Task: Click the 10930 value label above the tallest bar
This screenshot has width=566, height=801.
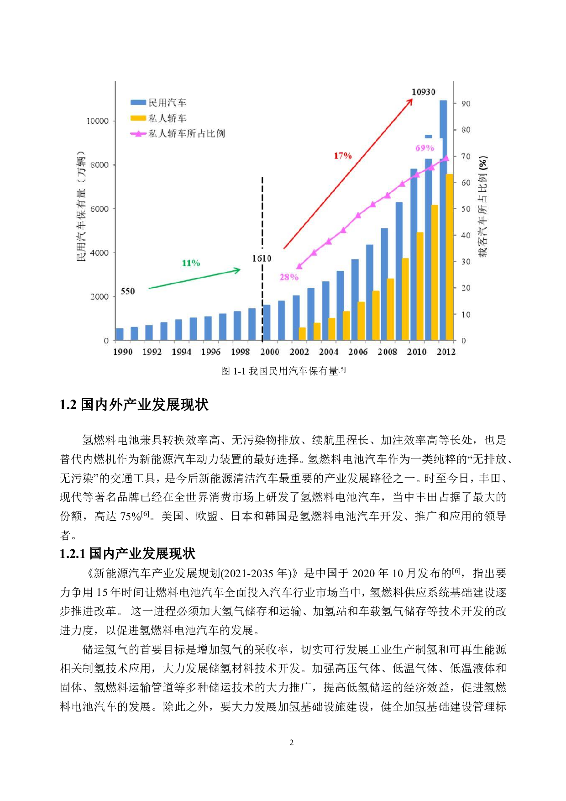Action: (x=423, y=92)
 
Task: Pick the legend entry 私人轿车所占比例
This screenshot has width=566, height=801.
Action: (x=178, y=133)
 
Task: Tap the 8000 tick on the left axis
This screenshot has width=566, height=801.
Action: (x=99, y=165)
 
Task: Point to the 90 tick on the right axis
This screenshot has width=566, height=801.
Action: (x=465, y=104)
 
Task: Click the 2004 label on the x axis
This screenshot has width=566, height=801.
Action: (x=328, y=352)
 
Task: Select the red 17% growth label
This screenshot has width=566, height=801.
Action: (x=342, y=156)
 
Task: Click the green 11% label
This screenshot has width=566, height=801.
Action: (x=191, y=263)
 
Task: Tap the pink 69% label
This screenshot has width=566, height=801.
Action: (x=424, y=148)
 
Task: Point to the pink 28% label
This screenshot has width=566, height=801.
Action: (x=289, y=277)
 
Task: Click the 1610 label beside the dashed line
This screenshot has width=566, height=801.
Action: (x=262, y=258)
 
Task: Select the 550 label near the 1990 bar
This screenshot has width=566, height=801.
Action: (x=127, y=291)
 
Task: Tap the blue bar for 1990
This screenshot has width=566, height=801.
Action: (x=120, y=334)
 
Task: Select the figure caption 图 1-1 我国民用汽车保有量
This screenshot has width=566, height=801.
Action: (x=283, y=371)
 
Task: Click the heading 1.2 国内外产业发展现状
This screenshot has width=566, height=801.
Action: (x=134, y=405)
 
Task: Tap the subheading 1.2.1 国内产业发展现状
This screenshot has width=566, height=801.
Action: (x=127, y=553)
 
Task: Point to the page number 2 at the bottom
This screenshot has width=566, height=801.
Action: (x=291, y=743)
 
